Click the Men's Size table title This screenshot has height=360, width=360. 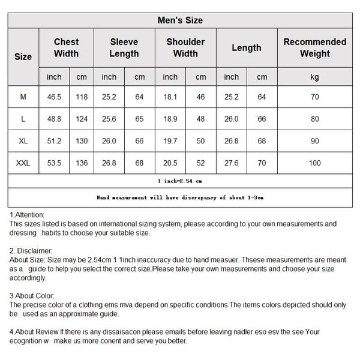[x=180, y=20]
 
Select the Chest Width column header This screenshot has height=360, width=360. [x=66, y=47]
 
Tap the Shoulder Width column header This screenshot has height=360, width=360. [x=185, y=47]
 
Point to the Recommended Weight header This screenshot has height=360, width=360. [x=315, y=47]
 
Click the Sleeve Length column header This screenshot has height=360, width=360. [x=124, y=47]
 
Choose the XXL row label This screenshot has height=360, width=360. [x=23, y=163]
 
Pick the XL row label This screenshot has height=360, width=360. [x=23, y=141]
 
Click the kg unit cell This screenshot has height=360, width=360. [x=315, y=77]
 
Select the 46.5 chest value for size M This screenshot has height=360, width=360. [x=55, y=97]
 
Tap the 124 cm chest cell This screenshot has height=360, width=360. [x=82, y=119]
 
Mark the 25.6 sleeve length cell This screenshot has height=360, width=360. [x=109, y=119]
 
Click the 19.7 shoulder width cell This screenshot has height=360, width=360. [x=170, y=141]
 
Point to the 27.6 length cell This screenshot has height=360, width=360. [x=232, y=163]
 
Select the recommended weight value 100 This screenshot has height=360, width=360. [x=315, y=163]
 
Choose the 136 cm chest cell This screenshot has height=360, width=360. [x=82, y=163]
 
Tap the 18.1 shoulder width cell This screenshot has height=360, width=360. [x=170, y=97]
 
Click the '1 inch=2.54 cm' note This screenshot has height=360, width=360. [x=180, y=180]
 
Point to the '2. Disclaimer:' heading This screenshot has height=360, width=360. [x=31, y=250]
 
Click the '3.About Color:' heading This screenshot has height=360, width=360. [x=32, y=296]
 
